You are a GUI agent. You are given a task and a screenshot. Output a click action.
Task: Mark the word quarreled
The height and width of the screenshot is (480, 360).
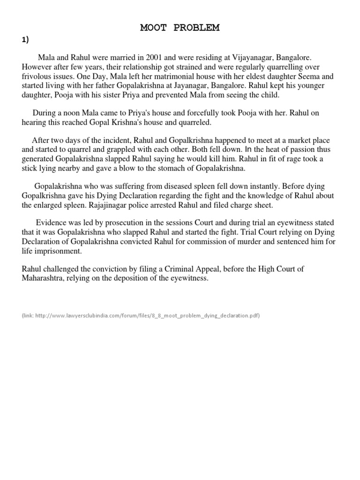click(x=195, y=123)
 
